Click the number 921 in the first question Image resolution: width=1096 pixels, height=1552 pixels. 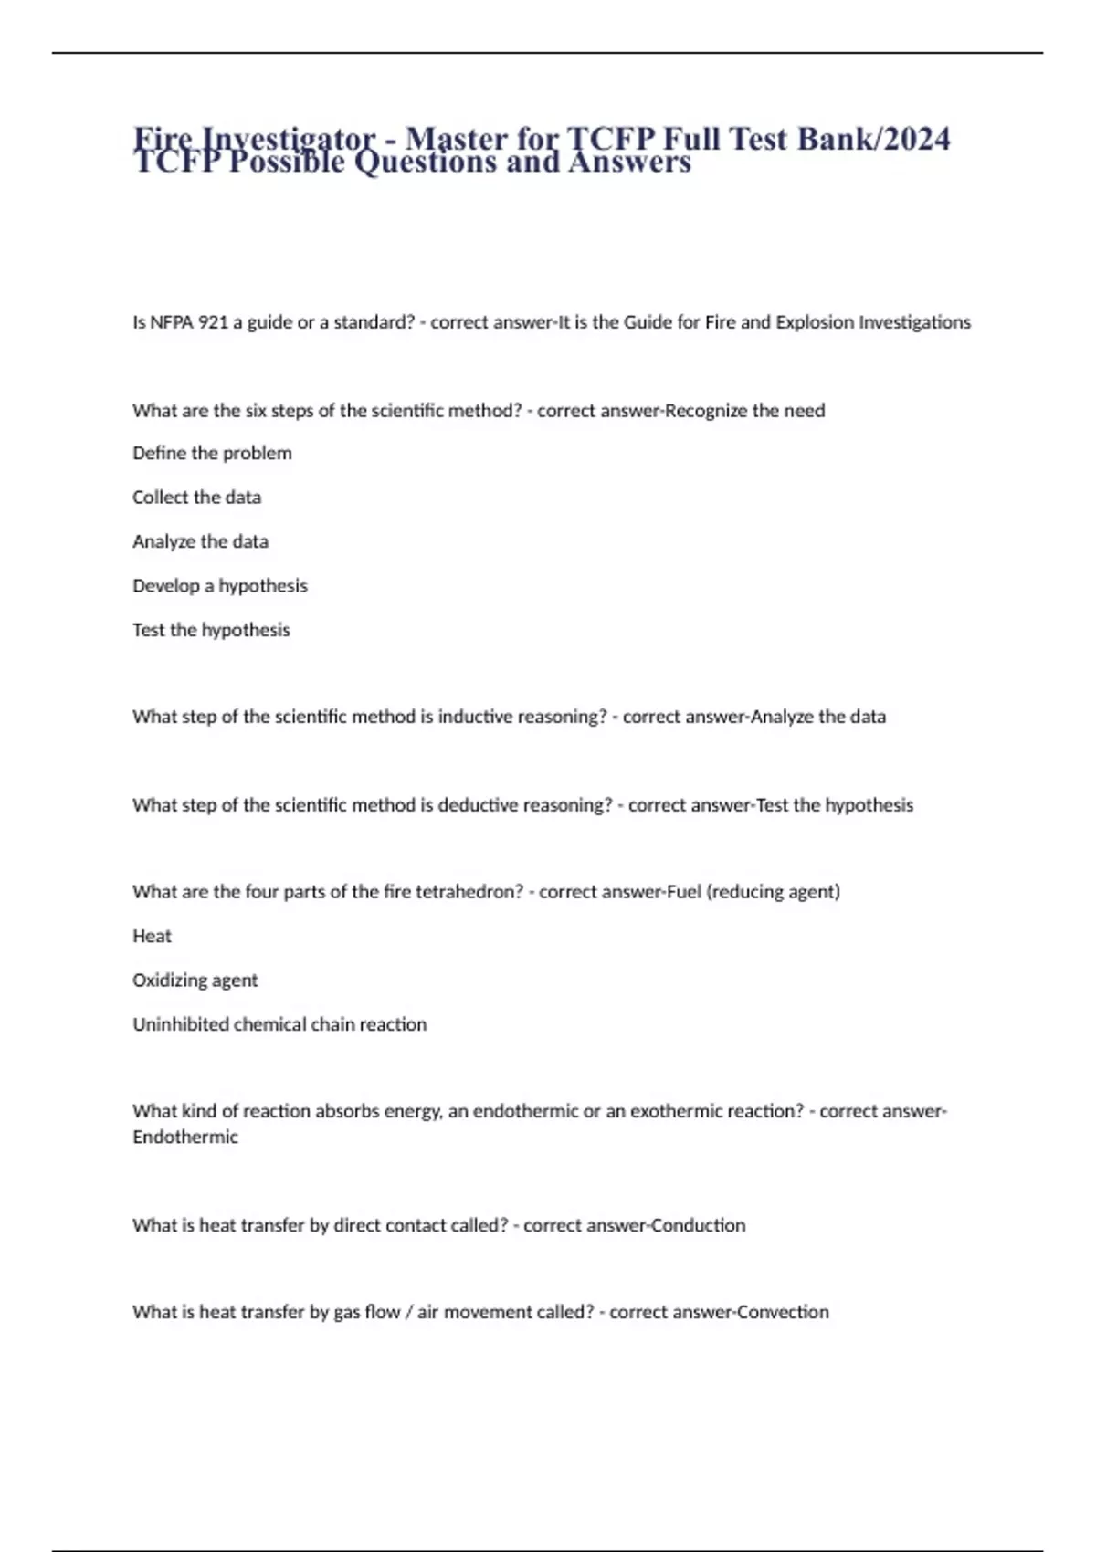coord(213,322)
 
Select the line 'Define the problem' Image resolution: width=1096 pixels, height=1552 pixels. coord(212,453)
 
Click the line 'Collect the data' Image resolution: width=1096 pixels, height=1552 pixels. coord(196,498)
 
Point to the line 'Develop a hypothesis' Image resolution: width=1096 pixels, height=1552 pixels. coord(219,586)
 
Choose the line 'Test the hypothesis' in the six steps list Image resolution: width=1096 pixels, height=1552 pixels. coord(211,630)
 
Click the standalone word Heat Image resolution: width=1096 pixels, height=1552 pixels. coord(152,936)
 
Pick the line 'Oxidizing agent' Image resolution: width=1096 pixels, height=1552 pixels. coord(195,980)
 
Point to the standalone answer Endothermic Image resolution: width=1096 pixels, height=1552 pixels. coord(184,1138)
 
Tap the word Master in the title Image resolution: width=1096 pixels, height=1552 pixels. coord(456,138)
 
